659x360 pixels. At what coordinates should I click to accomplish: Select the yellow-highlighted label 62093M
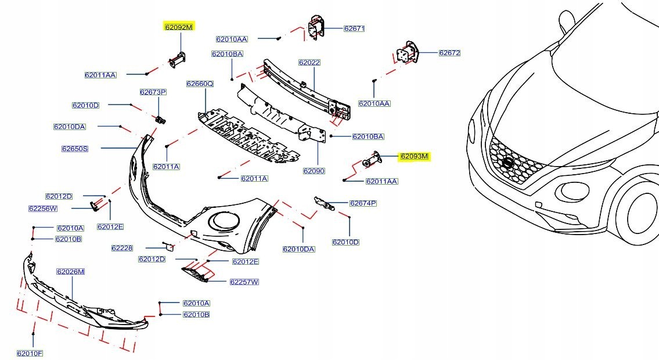(x=413, y=156)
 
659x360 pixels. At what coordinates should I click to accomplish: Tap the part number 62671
(x=354, y=28)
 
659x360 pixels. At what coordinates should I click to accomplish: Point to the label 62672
(x=449, y=53)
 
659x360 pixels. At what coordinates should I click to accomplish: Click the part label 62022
(x=309, y=62)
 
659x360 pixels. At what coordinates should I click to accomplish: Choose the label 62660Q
(x=200, y=84)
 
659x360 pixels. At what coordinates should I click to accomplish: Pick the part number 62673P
(x=153, y=92)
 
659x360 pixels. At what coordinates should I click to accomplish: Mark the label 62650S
(x=75, y=149)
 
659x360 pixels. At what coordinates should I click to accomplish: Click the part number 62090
(x=314, y=171)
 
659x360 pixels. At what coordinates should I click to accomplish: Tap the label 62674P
(x=363, y=203)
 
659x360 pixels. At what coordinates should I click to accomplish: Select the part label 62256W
(x=43, y=208)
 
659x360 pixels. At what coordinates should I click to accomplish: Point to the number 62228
(x=122, y=248)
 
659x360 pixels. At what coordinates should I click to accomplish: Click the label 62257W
(x=244, y=282)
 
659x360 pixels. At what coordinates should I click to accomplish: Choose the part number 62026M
(x=70, y=271)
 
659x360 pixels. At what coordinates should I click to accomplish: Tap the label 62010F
(x=30, y=353)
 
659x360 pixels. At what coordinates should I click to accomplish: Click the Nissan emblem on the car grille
(x=509, y=164)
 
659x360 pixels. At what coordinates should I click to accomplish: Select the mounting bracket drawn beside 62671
(x=315, y=27)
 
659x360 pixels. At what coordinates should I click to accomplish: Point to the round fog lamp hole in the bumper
(x=224, y=221)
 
